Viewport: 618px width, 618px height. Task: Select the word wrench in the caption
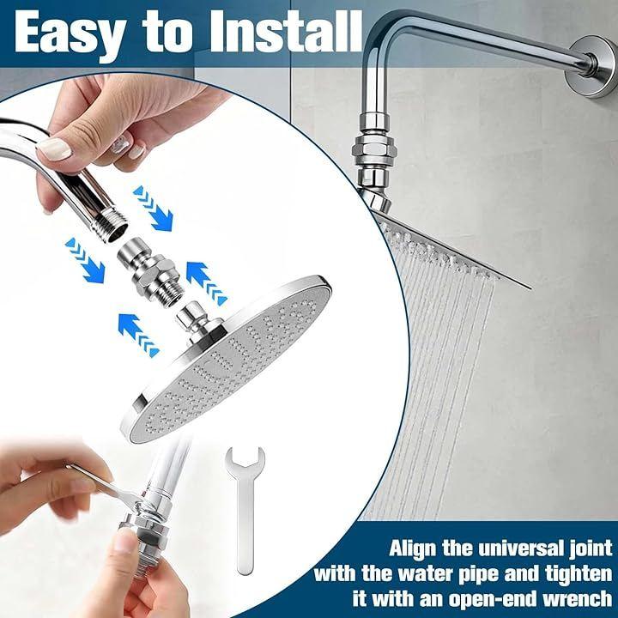coord(577,599)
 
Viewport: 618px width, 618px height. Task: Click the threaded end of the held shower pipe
coord(111,227)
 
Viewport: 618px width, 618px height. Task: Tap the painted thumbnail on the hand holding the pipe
coord(53,149)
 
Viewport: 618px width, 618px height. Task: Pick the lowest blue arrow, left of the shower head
coord(138,335)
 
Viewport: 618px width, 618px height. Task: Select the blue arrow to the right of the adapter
coord(206,282)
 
